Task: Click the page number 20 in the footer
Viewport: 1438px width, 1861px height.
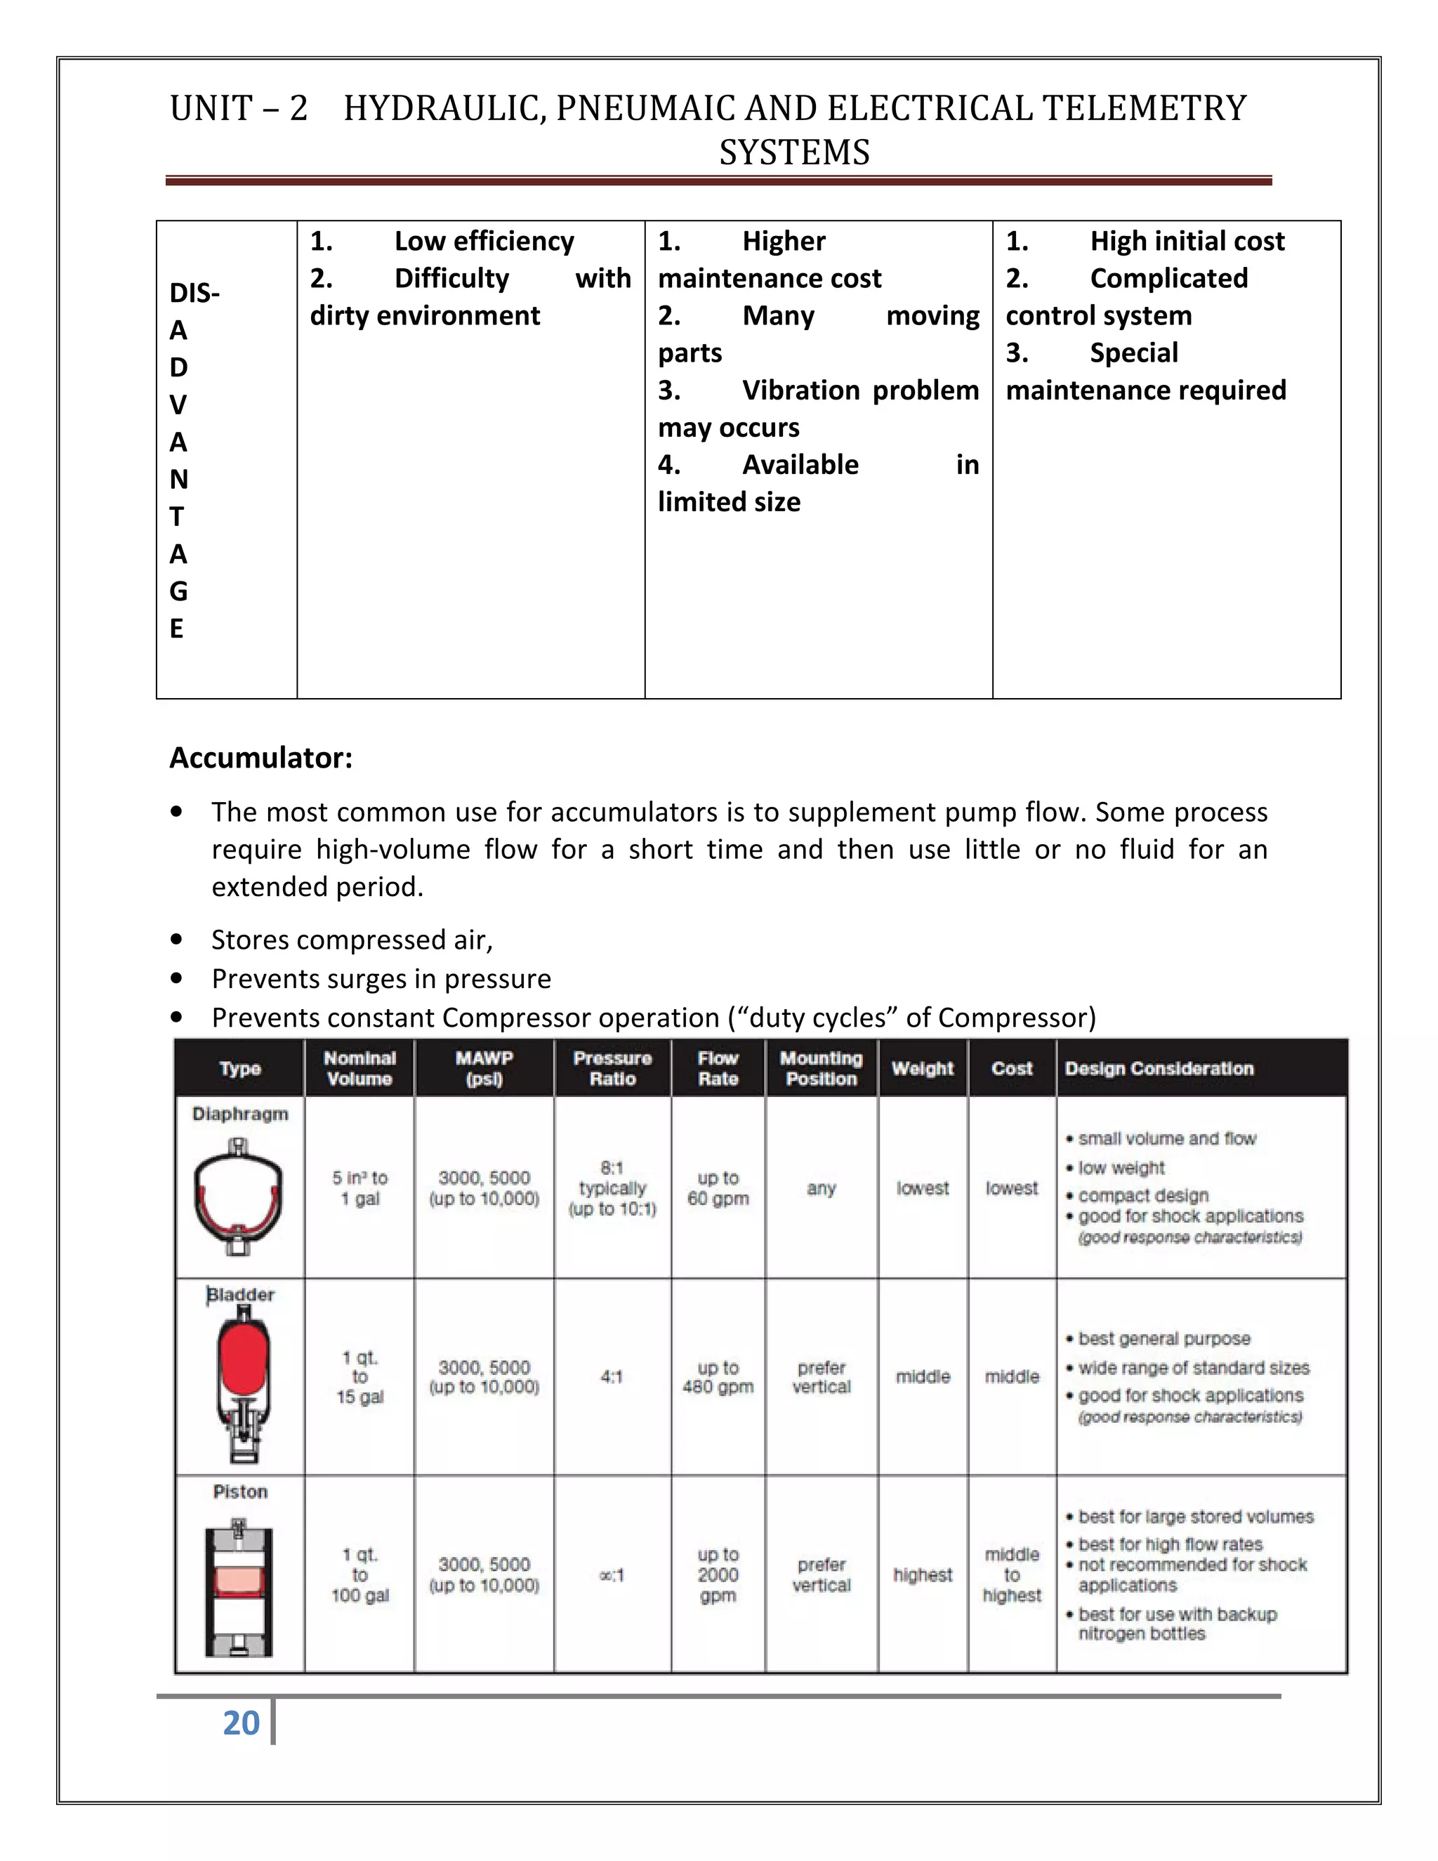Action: tap(241, 1722)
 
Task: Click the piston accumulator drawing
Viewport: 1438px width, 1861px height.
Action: tap(239, 1585)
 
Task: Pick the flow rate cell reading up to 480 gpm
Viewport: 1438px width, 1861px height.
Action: tap(718, 1377)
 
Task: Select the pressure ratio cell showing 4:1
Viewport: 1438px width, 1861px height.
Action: tap(612, 1377)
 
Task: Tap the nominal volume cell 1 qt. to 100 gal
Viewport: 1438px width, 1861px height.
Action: tap(359, 1574)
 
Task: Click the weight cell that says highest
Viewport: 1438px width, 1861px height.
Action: tap(923, 1574)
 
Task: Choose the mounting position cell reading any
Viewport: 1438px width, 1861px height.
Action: tap(822, 1188)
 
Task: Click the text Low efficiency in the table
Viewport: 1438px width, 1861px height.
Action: tap(484, 241)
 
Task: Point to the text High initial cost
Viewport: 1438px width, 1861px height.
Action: tap(1187, 241)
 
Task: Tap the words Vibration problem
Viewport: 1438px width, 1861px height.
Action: tap(860, 390)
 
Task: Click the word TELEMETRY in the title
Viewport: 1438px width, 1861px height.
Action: tap(1144, 108)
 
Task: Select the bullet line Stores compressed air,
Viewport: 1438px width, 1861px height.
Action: tap(352, 939)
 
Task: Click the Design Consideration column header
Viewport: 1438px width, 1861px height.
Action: tap(1159, 1069)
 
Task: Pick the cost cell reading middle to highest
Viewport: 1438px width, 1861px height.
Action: tap(1011, 1574)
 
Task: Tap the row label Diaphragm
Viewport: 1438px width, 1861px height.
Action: tap(240, 1114)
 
